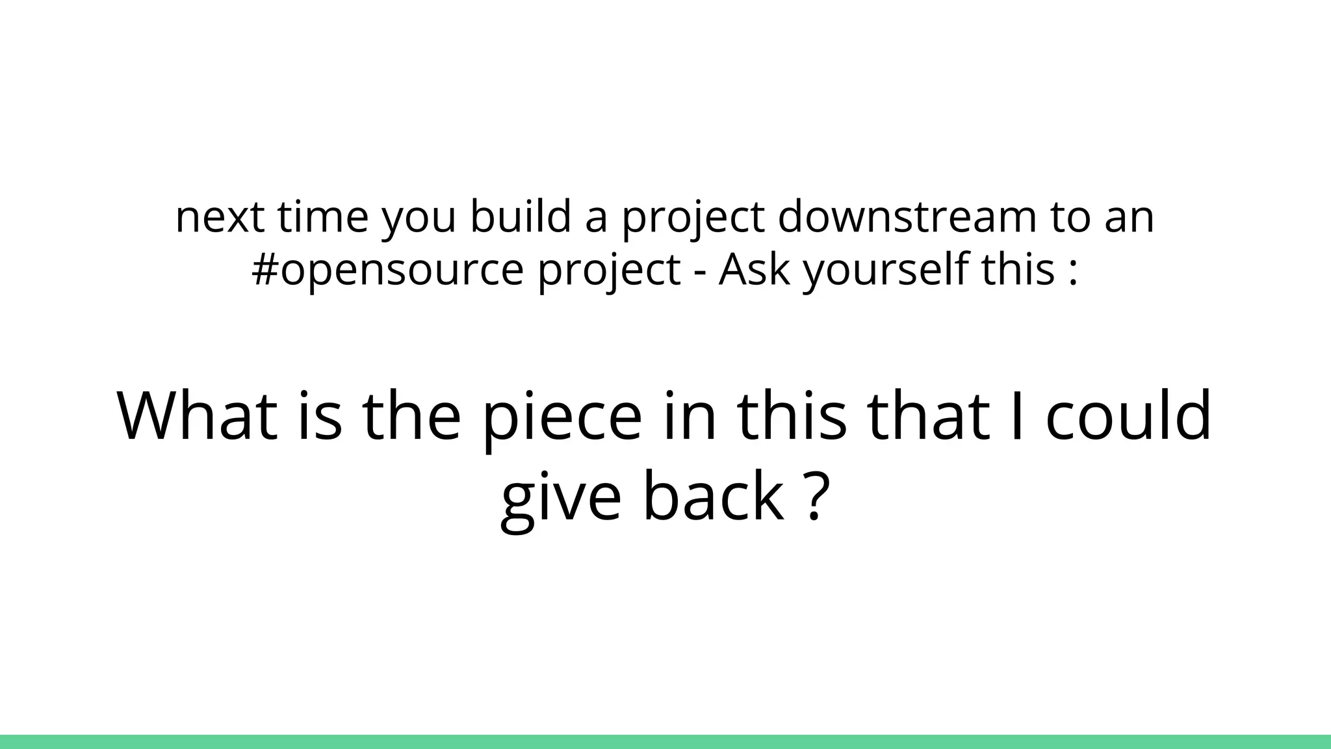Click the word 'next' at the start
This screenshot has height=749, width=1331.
(x=220, y=217)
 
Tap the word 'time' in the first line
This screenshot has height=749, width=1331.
(x=322, y=217)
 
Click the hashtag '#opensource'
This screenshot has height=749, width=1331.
(x=387, y=270)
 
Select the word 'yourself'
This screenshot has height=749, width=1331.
(x=886, y=270)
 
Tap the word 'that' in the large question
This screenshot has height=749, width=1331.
(x=929, y=416)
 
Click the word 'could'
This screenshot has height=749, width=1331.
(x=1129, y=416)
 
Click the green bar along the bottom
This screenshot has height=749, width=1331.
(x=665, y=742)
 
